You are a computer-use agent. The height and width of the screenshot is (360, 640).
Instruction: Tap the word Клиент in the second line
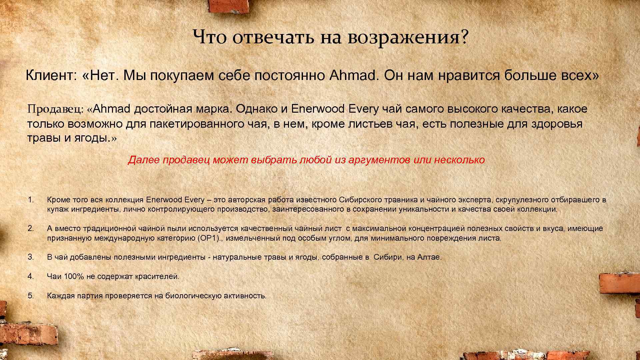point(50,76)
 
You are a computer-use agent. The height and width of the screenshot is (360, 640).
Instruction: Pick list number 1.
point(31,200)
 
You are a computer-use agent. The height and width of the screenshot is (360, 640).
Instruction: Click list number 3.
point(31,257)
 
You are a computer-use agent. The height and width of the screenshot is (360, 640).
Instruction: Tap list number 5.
point(31,296)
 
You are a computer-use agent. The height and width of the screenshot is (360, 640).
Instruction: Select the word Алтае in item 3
point(429,257)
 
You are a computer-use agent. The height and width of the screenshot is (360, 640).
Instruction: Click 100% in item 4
point(74,276)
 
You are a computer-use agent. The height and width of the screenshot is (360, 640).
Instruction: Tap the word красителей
point(157,277)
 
